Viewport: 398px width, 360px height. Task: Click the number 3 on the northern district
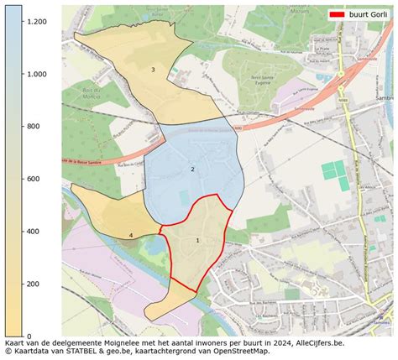153,70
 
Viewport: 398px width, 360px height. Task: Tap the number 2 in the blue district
192,170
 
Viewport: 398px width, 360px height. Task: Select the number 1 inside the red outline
197,240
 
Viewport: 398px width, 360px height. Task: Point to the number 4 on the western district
131,236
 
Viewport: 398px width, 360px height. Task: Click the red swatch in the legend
337,15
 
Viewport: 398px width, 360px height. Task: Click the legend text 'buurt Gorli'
369,15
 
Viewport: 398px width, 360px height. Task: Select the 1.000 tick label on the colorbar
36,74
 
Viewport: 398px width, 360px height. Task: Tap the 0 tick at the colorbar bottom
29,336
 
